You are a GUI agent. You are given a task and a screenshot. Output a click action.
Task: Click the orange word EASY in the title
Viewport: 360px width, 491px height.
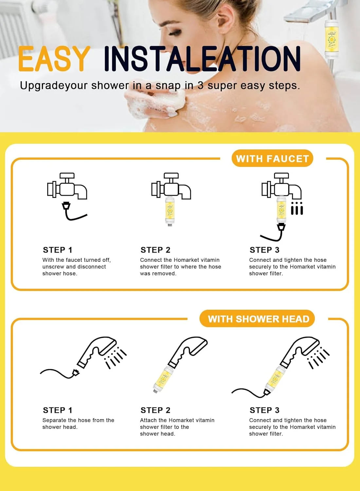(54, 59)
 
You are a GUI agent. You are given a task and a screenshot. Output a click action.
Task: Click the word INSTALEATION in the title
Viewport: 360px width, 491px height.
(202, 59)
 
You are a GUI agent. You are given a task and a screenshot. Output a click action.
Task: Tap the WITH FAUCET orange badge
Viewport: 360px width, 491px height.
(272, 158)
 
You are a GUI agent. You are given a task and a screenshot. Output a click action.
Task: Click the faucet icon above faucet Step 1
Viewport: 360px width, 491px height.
(67, 186)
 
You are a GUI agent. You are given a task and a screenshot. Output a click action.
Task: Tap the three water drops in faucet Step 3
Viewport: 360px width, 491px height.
(297, 208)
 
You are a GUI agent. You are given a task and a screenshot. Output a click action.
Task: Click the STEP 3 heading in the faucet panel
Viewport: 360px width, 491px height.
(264, 250)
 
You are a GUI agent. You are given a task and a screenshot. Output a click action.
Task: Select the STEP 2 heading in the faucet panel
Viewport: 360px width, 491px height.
(155, 250)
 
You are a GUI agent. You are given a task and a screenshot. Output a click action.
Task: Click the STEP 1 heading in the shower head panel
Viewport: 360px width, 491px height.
(57, 410)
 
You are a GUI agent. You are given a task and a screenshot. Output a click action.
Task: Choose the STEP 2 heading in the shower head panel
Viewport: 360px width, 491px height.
(155, 410)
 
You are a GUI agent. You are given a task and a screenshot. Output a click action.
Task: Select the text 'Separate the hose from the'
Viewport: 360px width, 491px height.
(78, 420)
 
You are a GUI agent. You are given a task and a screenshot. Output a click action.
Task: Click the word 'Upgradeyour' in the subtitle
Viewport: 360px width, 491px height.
(54, 86)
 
